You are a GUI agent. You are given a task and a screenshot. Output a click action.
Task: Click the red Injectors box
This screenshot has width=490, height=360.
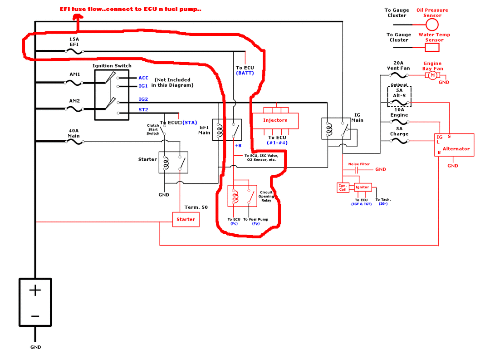coord(275,121)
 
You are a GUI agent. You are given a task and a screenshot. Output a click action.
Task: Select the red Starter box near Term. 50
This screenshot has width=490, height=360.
coord(186,220)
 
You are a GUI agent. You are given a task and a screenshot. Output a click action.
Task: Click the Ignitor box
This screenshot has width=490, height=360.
coord(362,187)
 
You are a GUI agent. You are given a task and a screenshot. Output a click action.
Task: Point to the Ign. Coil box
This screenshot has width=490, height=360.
coord(343,187)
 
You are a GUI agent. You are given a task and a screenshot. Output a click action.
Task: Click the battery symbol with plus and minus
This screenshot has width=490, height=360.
coord(35,303)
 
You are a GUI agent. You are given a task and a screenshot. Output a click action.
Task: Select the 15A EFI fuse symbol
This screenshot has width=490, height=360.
coord(74,51)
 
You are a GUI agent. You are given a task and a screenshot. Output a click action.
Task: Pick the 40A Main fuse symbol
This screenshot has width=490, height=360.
coord(74,142)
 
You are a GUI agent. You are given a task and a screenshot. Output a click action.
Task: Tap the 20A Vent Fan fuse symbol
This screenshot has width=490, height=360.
coord(399,75)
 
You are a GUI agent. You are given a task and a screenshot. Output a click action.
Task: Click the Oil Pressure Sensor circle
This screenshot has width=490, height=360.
coord(432,24)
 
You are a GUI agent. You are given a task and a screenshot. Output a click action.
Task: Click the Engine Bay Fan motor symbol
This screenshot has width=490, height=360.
coord(432,75)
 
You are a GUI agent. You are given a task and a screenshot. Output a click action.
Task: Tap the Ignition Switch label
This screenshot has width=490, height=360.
coord(112,66)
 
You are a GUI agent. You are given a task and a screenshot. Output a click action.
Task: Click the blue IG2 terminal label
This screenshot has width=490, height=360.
coord(143,99)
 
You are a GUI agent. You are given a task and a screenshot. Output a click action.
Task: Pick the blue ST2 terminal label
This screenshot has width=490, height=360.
coord(143,109)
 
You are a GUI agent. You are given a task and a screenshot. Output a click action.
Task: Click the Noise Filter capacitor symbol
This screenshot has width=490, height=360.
coord(357,169)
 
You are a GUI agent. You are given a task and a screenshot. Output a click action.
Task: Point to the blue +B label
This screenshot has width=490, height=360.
coord(238,146)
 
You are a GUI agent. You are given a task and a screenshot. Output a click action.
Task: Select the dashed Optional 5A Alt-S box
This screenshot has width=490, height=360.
coord(399,96)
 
